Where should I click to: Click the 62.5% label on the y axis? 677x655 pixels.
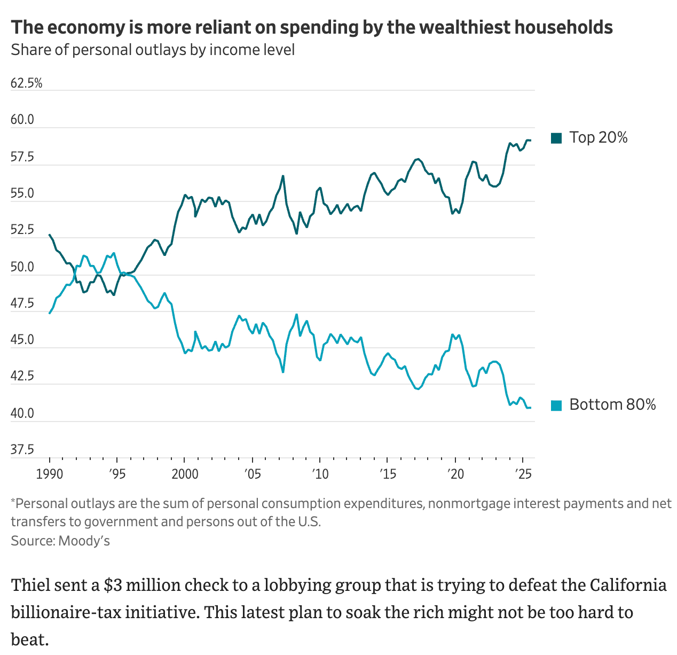point(26,83)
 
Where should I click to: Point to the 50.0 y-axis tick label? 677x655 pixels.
point(22,267)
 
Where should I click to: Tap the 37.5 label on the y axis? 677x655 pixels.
point(22,449)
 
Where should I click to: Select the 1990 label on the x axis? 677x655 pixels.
point(49,474)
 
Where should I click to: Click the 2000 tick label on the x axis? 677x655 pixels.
point(185,474)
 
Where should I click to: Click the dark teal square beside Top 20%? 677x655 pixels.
point(556,138)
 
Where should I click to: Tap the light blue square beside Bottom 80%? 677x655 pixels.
point(556,406)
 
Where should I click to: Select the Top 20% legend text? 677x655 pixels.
point(599,137)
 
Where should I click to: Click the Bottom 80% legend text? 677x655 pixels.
point(612,404)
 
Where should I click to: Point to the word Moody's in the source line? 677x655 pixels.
point(84,541)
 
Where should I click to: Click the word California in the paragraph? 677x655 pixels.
point(628,585)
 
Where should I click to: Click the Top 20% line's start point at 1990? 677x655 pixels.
point(50,235)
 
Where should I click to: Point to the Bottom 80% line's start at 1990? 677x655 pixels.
point(50,313)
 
